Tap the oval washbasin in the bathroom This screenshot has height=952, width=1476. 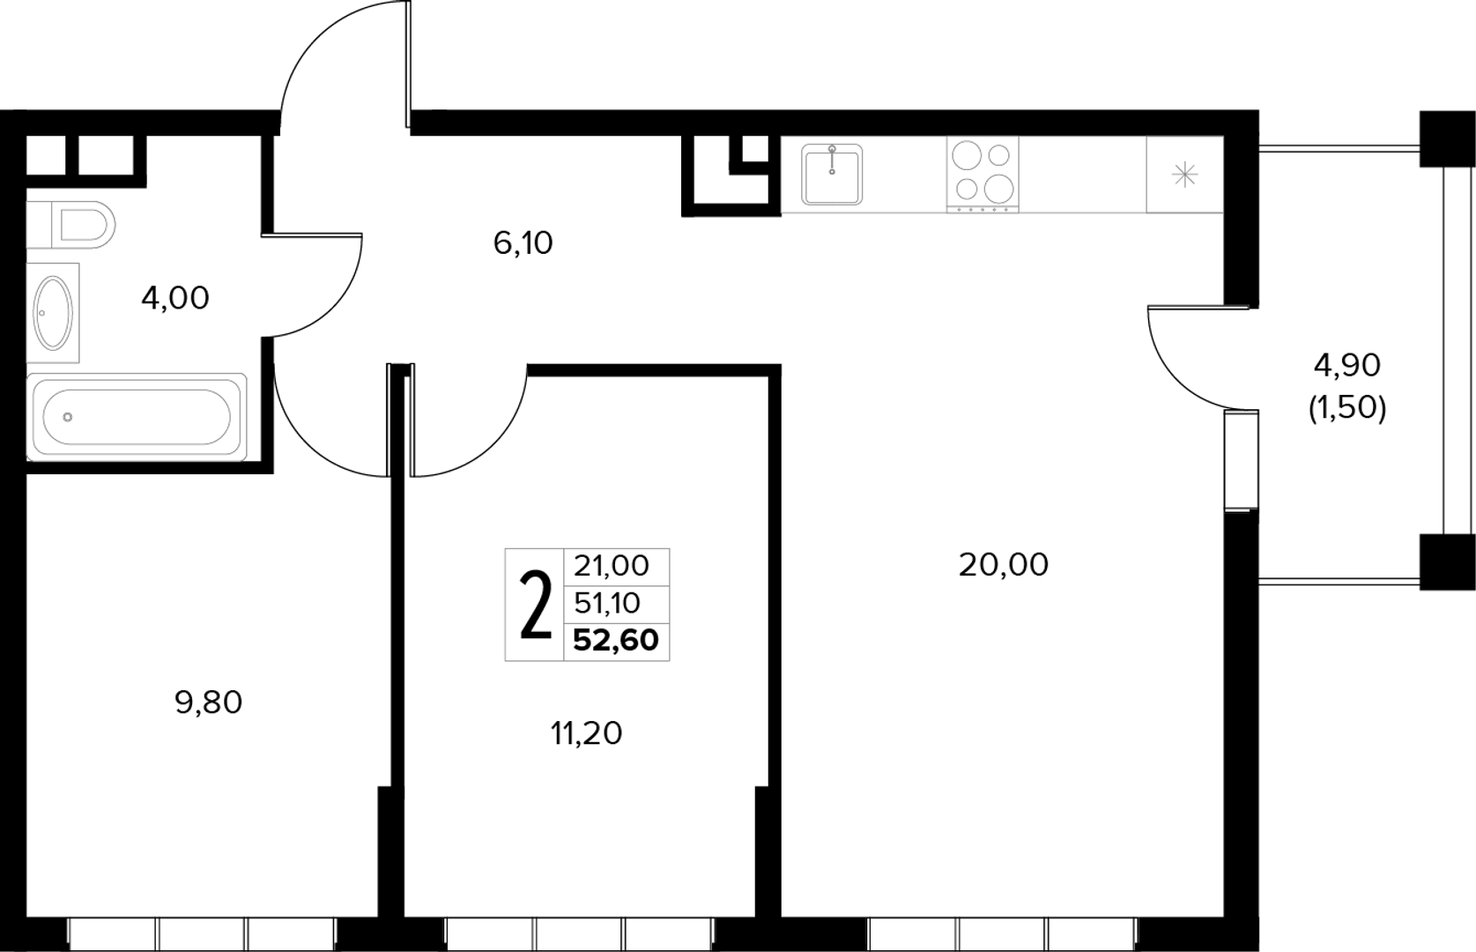point(54,313)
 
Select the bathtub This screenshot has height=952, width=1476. point(137,417)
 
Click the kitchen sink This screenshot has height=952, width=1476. point(832,175)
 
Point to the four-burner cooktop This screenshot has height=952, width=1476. point(983,174)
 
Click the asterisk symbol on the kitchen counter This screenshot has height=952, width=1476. point(1184,175)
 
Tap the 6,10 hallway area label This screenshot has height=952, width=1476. point(523,243)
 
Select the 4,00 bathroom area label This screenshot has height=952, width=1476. point(175,298)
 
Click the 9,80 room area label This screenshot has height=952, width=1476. point(208,703)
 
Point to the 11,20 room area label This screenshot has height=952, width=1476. point(587,733)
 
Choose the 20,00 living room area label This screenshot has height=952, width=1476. point(1003,565)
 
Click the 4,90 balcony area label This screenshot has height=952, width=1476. point(1346,365)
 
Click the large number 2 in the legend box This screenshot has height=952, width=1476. point(535,605)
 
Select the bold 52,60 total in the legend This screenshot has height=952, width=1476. point(616,640)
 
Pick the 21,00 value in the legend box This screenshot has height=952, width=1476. point(612,566)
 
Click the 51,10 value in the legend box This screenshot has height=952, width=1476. point(607,603)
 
